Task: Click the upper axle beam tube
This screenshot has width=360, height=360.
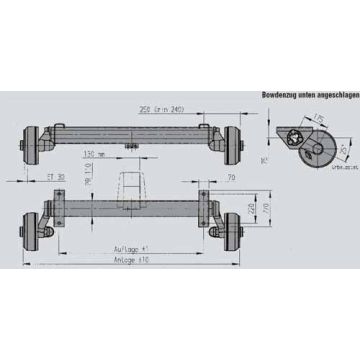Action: point(130,132)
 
